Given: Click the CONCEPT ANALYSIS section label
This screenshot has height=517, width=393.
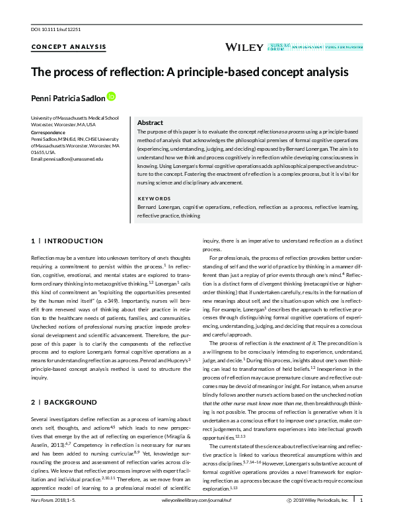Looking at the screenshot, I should [x=59, y=47].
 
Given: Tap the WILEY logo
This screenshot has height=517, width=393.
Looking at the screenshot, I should [x=244, y=47].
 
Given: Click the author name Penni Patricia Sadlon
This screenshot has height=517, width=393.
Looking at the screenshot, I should [x=67, y=97].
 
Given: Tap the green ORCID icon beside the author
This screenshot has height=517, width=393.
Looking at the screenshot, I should [x=111, y=97].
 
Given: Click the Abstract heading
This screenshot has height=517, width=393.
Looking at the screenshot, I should [x=150, y=123].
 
